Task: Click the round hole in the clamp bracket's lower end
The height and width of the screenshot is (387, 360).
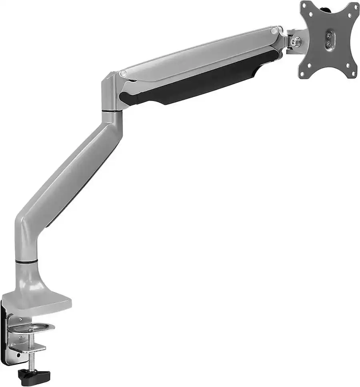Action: (x=18, y=355)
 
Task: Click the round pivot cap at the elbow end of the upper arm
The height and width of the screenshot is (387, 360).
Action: (x=123, y=73)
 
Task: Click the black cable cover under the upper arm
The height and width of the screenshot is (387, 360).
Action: (x=200, y=82)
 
